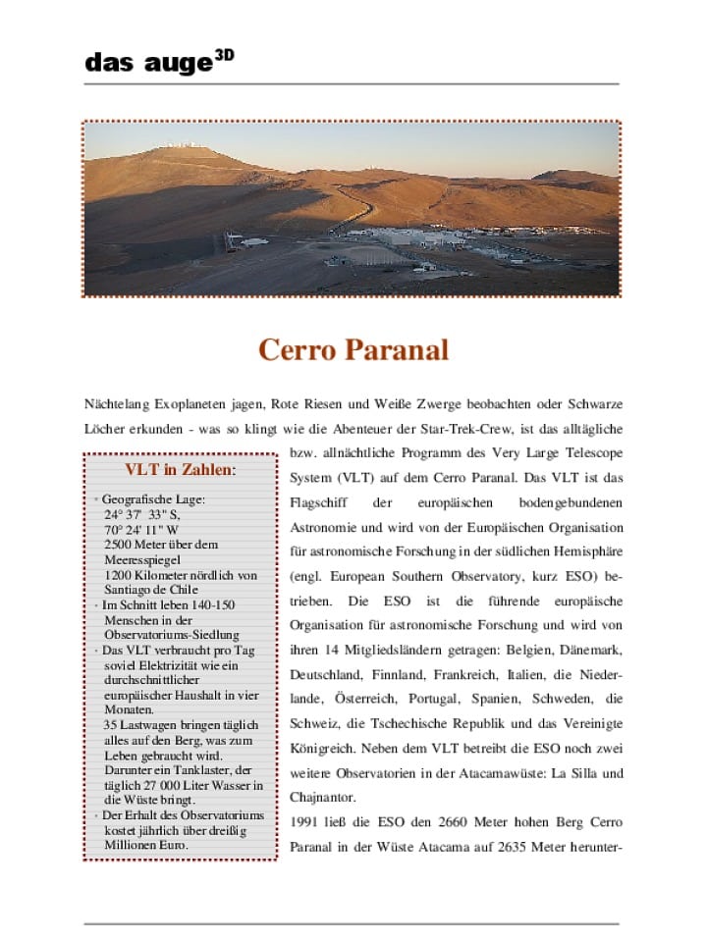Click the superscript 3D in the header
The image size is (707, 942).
[x=224, y=56]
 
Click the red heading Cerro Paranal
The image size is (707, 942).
[x=353, y=349]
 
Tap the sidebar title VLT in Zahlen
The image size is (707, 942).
[x=181, y=469]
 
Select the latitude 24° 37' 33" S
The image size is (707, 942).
[x=142, y=514]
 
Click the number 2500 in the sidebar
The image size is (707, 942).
[x=118, y=545]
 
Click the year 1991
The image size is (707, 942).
[x=303, y=821]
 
